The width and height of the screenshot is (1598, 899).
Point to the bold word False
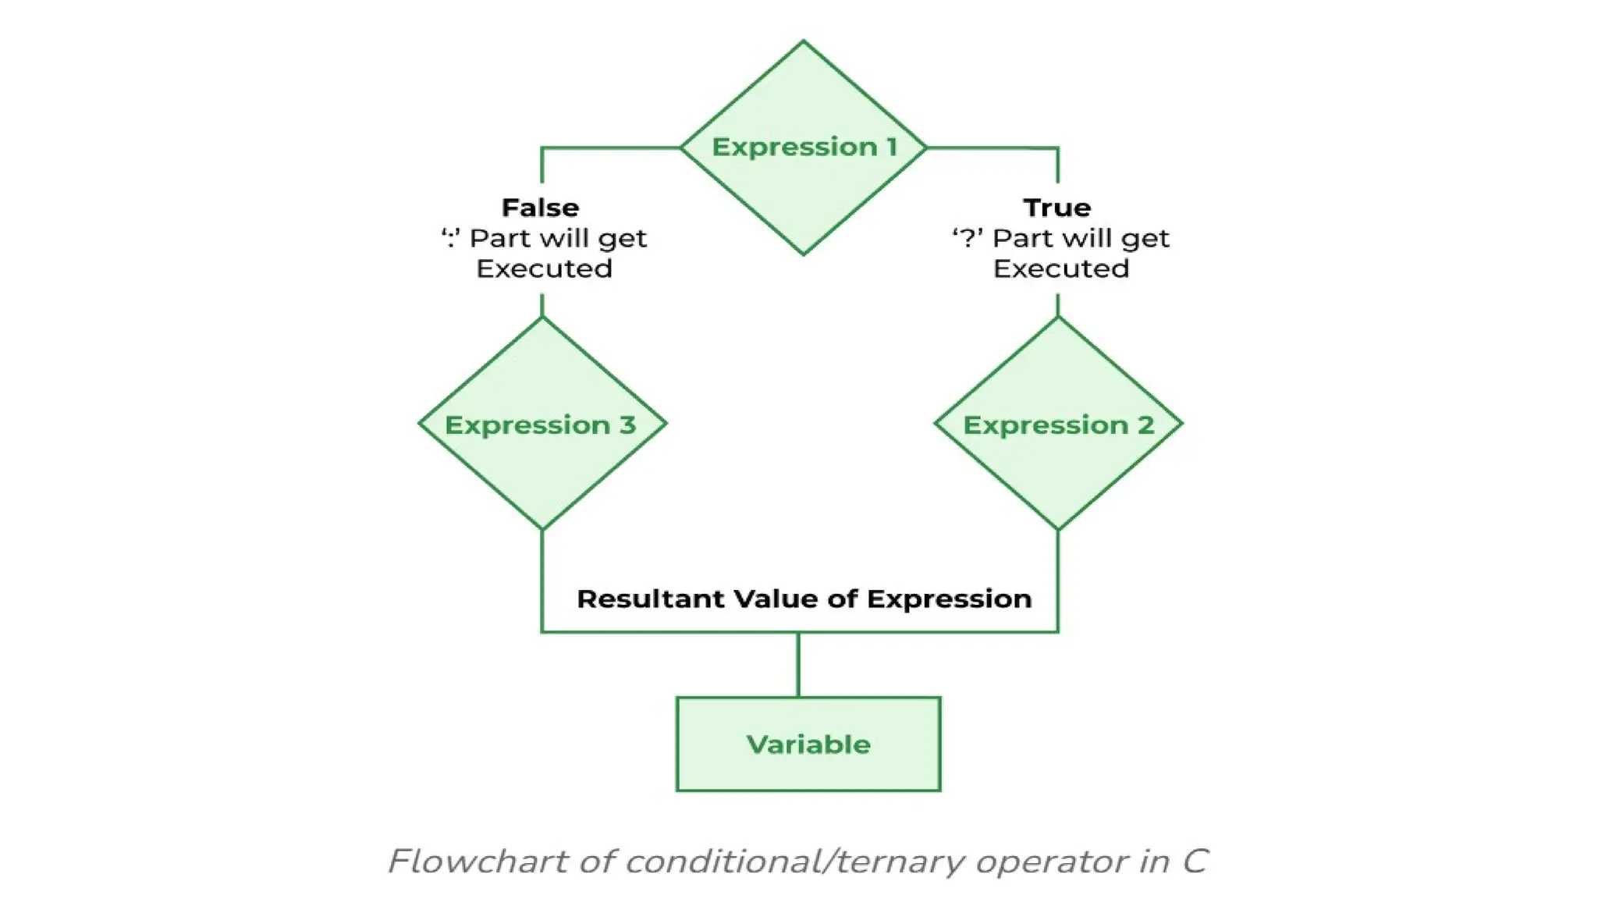[x=540, y=208]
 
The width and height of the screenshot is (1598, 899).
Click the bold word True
[x=1056, y=208]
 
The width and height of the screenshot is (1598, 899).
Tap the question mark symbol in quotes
[x=968, y=238]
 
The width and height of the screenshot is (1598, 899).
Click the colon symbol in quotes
[x=450, y=238]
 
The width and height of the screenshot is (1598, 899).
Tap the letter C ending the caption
[x=1195, y=862]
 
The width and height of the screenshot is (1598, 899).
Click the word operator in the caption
[x=1051, y=862]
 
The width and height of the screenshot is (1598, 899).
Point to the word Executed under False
[x=544, y=268]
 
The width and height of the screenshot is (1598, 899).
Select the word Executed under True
[x=1060, y=268]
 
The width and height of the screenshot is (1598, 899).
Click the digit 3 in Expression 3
[x=627, y=425]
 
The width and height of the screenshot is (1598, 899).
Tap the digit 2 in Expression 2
[x=1145, y=425]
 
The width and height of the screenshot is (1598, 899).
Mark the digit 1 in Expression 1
[x=891, y=147]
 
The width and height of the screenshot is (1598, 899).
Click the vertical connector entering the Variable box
[x=798, y=664]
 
